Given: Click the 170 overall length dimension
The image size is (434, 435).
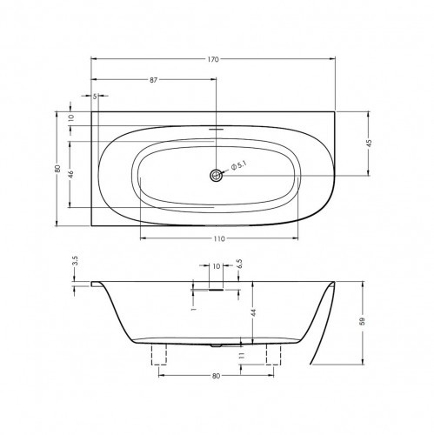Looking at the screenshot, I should [x=213, y=58].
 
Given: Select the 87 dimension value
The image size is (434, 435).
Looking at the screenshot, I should [x=153, y=79].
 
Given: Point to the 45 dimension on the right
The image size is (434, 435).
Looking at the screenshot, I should [x=369, y=143].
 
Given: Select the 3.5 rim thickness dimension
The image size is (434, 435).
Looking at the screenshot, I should [x=75, y=261].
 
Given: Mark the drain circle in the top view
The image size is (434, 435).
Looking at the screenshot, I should [x=216, y=175].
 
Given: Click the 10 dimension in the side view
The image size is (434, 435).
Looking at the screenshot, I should [x=216, y=268].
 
